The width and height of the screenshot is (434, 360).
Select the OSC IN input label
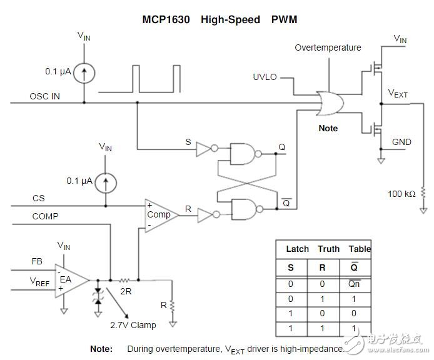point(46,97)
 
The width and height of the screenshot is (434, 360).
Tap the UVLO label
point(265,77)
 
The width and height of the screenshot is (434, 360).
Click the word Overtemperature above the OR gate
point(328,47)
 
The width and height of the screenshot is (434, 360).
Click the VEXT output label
point(398,94)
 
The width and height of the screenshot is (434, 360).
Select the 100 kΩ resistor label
point(401,194)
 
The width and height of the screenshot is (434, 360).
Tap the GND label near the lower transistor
point(401,142)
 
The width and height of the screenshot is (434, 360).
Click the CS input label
point(39,199)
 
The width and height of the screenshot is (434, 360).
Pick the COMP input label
point(46,216)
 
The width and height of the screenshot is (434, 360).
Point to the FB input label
point(37,261)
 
